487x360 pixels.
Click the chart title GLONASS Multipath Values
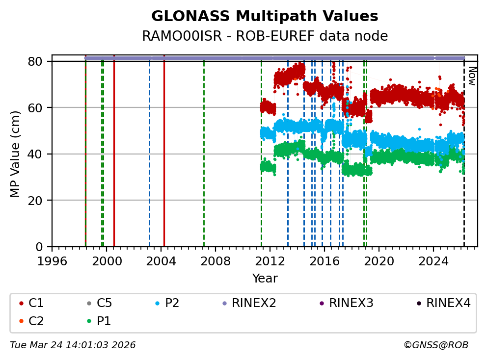[265, 16]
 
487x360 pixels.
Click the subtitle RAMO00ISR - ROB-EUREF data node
[265, 36]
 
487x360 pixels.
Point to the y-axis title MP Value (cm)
[16, 154]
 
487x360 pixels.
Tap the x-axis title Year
[265, 279]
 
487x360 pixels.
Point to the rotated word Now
[471, 76]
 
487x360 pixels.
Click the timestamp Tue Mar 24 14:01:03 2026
[73, 345]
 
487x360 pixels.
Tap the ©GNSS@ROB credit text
[435, 345]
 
